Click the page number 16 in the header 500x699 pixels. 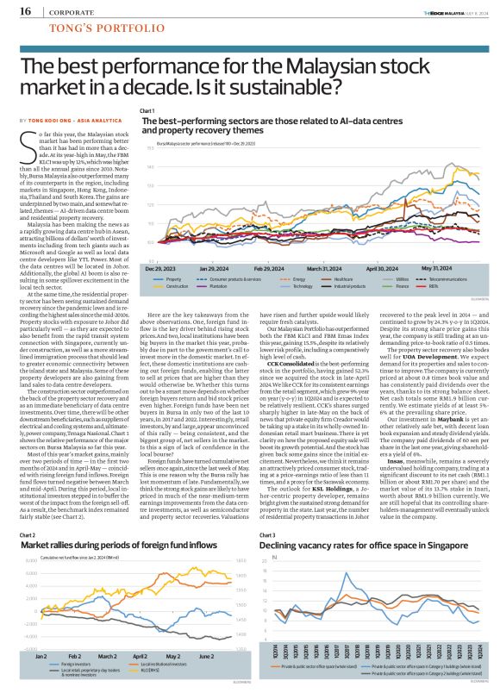coord(26,12)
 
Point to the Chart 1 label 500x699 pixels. coord(147,111)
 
